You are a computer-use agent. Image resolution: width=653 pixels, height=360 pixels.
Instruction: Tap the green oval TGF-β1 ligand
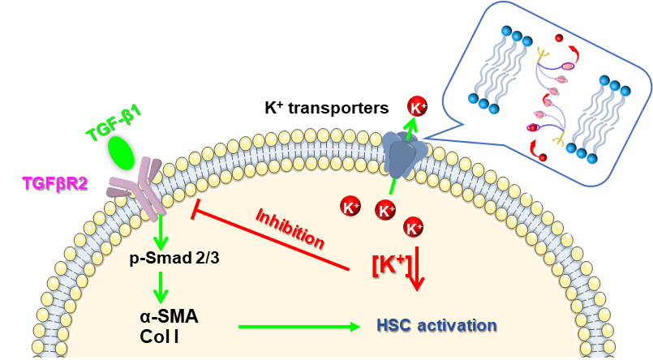[x=121, y=151]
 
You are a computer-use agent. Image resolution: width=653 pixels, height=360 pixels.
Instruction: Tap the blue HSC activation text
[x=436, y=325]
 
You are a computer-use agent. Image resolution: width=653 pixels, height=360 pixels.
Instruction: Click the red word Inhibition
[x=290, y=229]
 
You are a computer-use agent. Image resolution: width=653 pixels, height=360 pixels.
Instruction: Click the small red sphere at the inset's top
[x=558, y=38]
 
